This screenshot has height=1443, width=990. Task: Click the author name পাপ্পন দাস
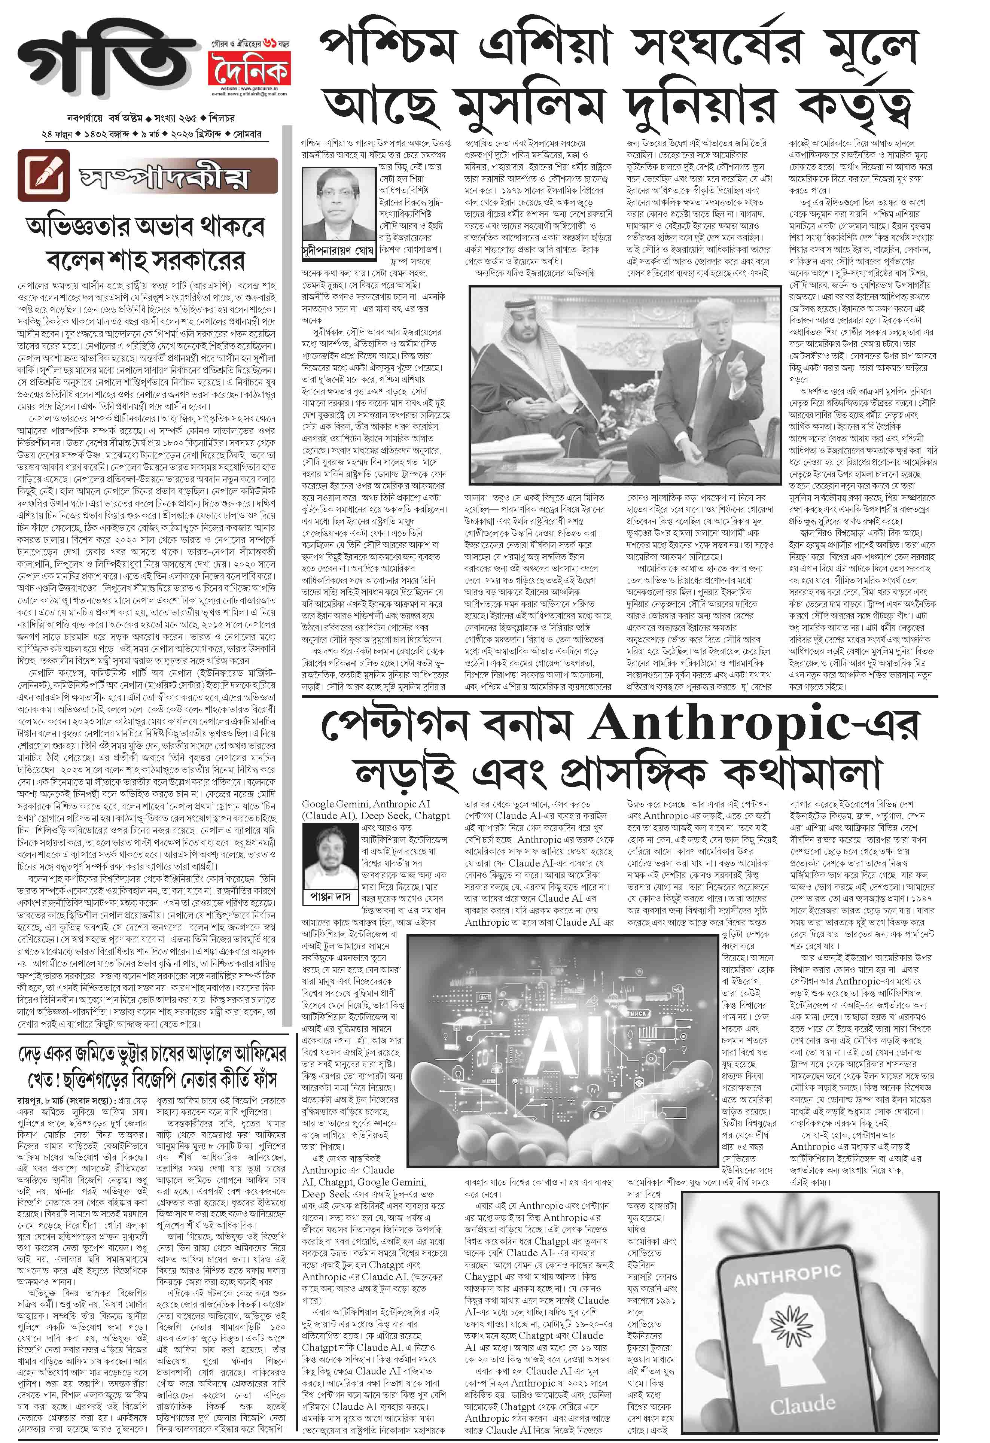coord(330,896)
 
